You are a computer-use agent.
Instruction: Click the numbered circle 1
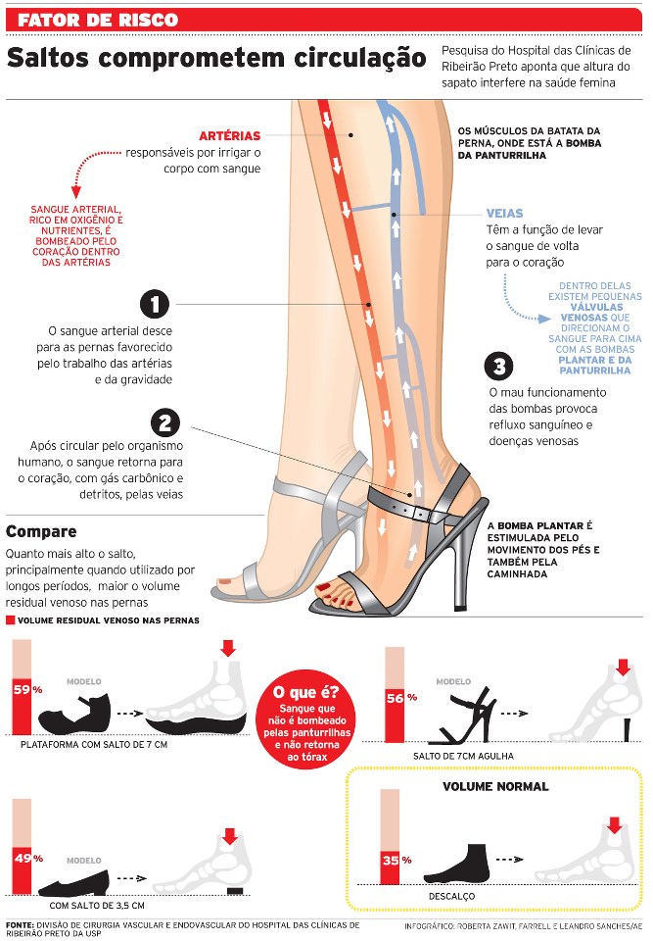155,304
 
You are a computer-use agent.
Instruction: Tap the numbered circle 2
165,422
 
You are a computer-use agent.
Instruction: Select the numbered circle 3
499,367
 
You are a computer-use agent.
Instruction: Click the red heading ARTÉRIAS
229,135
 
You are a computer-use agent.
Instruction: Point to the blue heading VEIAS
504,213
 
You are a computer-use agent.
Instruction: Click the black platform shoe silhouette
74,715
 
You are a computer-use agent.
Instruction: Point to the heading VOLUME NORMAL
495,786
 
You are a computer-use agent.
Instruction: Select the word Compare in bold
41,532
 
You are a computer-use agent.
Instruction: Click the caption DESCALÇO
451,896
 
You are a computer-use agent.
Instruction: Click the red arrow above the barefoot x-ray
614,826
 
